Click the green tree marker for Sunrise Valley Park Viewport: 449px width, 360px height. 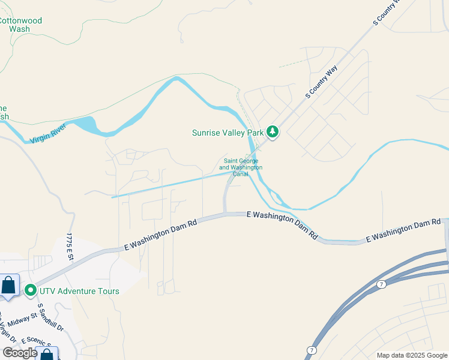coord(273,132)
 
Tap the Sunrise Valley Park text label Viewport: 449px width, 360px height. coord(228,133)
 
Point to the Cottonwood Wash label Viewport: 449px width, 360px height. coord(20,25)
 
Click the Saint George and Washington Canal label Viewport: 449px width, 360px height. coord(243,167)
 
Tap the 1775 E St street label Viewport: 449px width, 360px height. coord(70,246)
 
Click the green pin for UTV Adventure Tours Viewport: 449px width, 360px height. coord(31,291)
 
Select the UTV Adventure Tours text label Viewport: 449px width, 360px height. coord(79,291)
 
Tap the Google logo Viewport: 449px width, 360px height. coord(20,352)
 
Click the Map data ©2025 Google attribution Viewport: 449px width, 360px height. coord(412,355)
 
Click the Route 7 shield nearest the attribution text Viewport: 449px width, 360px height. coord(310,350)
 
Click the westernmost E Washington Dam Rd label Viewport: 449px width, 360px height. coord(160,235)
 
